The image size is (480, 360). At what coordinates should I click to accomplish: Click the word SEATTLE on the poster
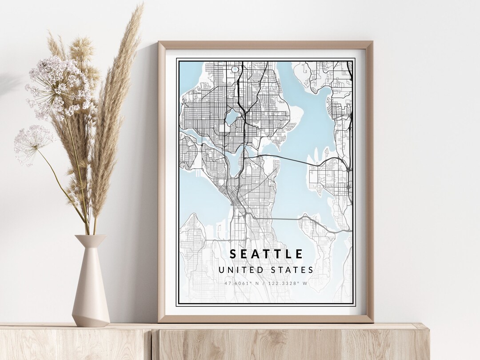point(266,254)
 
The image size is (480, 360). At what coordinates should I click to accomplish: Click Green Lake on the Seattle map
point(232,118)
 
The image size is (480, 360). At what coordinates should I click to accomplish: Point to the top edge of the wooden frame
point(265,45)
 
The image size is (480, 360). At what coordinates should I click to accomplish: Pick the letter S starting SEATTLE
point(233,254)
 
